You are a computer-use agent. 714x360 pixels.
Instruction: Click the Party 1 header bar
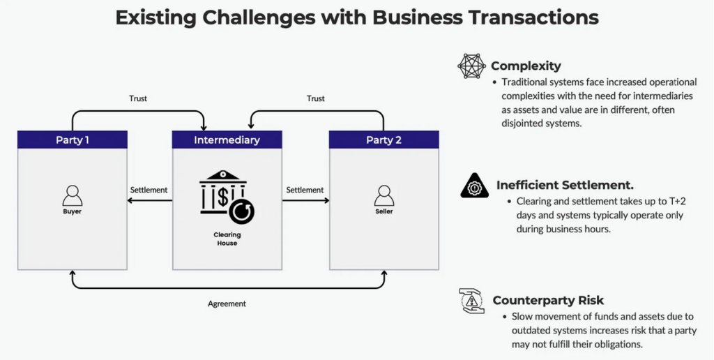tap(73, 140)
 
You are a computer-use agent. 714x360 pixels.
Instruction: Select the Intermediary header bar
tap(227, 140)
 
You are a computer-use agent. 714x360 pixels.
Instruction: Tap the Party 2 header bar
tap(383, 140)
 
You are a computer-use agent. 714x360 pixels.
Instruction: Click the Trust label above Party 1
tap(139, 98)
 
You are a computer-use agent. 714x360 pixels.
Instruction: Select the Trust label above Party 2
tap(316, 98)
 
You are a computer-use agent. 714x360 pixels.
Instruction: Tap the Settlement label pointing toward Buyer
tap(149, 190)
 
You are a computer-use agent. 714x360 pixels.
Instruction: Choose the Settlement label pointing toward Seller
tap(305, 190)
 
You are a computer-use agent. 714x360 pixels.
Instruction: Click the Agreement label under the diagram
tap(227, 303)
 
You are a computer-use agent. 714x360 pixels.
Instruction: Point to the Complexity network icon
tap(471, 66)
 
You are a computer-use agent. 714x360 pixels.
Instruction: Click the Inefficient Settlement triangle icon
tap(475, 186)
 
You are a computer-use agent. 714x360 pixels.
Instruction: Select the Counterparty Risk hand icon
tap(472, 301)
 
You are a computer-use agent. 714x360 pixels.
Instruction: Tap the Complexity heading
tap(526, 66)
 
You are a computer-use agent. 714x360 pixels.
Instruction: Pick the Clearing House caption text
tap(227, 239)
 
